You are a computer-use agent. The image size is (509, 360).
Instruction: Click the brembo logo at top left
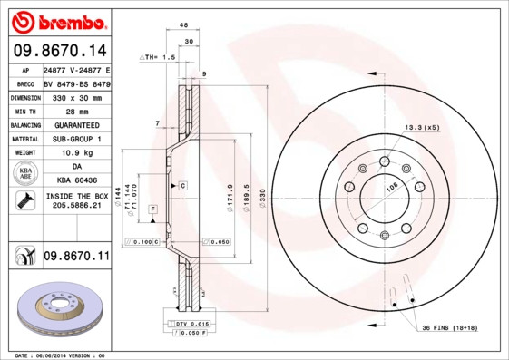click(59, 21)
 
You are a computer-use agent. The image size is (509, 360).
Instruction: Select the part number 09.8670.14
click(59, 51)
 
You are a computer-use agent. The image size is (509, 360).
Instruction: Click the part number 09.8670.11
click(75, 258)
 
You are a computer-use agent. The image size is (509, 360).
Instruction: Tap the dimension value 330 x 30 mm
click(75, 96)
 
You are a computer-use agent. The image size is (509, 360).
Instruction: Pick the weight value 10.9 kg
click(75, 153)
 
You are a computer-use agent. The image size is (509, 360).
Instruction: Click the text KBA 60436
click(75, 181)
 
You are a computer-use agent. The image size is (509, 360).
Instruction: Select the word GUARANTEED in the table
click(75, 124)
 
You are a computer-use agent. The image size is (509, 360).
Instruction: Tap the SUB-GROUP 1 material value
click(75, 139)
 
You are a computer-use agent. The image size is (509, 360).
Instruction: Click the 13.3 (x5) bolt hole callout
click(421, 128)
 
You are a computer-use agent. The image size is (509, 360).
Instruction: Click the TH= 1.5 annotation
click(157, 56)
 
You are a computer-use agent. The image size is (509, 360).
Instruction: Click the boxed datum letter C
click(182, 185)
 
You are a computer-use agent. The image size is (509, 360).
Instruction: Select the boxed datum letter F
click(153, 209)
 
